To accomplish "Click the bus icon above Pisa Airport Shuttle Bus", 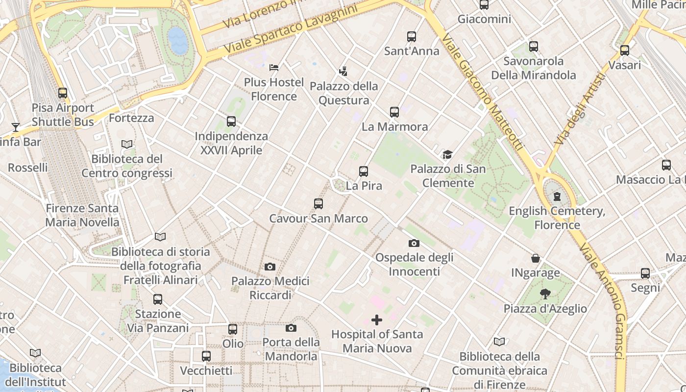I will (62, 93).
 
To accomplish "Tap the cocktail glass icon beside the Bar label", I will (16, 127).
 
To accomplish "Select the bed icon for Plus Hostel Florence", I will (274, 67).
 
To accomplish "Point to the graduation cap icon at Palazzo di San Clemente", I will (447, 154).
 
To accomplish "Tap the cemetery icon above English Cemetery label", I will (557, 196).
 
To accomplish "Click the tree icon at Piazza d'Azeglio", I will (545, 294).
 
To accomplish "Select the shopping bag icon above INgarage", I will (536, 258).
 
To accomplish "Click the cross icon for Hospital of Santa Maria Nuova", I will (376, 320).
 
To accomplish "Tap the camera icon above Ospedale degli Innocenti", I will (414, 243).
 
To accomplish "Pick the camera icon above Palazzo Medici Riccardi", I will (269, 267).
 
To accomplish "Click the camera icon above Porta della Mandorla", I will (291, 328).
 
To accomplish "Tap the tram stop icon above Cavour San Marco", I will (318, 203).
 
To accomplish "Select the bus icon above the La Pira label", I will (363, 171).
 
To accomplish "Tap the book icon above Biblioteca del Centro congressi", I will (127, 145).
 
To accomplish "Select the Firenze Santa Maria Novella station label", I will (82, 215).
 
